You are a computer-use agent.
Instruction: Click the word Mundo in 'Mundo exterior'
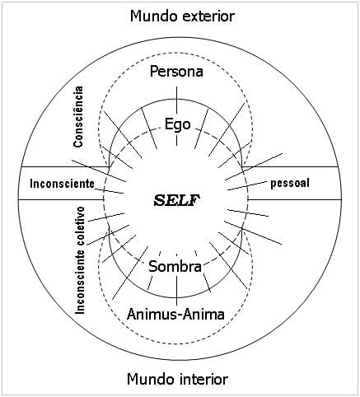pyautogui.click(x=154, y=16)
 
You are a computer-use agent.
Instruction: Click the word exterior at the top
pyautogui.click(x=208, y=16)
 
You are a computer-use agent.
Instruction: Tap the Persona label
pyautogui.click(x=176, y=72)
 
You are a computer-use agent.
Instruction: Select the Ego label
pyautogui.click(x=177, y=125)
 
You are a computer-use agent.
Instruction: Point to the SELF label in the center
pyautogui.click(x=177, y=200)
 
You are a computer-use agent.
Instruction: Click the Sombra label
pyautogui.click(x=175, y=266)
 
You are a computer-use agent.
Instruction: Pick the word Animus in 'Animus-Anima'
pyautogui.click(x=151, y=314)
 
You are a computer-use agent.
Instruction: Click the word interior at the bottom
pyautogui.click(x=205, y=379)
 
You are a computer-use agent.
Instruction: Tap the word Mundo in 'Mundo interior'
pyautogui.click(x=151, y=379)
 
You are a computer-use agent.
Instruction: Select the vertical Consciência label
pyautogui.click(x=78, y=117)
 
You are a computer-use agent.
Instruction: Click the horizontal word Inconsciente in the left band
pyautogui.click(x=62, y=184)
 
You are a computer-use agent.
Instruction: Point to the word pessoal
pyautogui.click(x=290, y=184)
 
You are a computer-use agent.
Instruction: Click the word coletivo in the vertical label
pyautogui.click(x=81, y=227)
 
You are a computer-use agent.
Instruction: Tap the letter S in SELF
pyautogui.click(x=159, y=201)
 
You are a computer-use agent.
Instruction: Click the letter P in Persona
pyautogui.click(x=154, y=72)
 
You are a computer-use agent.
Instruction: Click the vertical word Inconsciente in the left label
pyautogui.click(x=81, y=283)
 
